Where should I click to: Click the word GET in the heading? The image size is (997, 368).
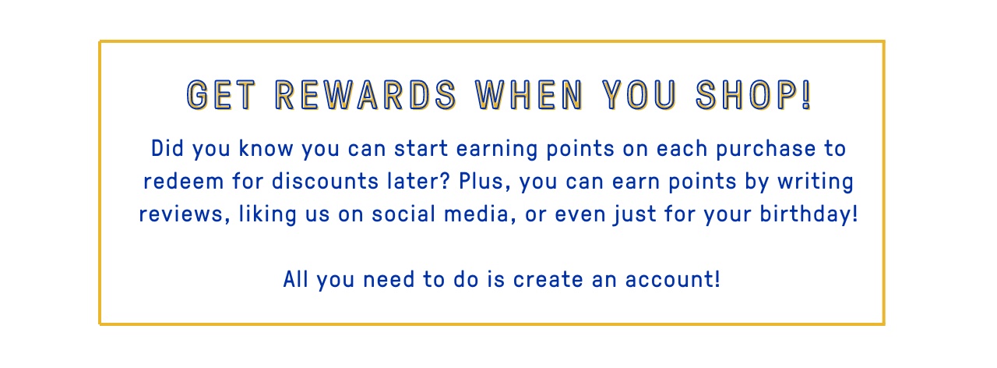pyautogui.click(x=221, y=95)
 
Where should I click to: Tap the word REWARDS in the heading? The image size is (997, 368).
pyautogui.click(x=366, y=95)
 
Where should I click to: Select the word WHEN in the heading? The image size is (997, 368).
pyautogui.click(x=530, y=95)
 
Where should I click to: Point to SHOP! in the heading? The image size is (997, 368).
pyautogui.click(x=754, y=95)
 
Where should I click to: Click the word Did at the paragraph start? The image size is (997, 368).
pyautogui.click(x=167, y=148)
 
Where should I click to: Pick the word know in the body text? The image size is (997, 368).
pyautogui.click(x=266, y=148)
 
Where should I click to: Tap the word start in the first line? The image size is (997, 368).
pyautogui.click(x=421, y=148)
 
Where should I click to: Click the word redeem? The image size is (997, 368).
pyautogui.click(x=183, y=182)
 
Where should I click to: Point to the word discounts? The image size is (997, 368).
pyautogui.click(x=325, y=182)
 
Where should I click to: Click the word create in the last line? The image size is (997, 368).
pyautogui.click(x=548, y=280)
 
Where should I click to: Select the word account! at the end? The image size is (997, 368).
pyautogui.click(x=672, y=280)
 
